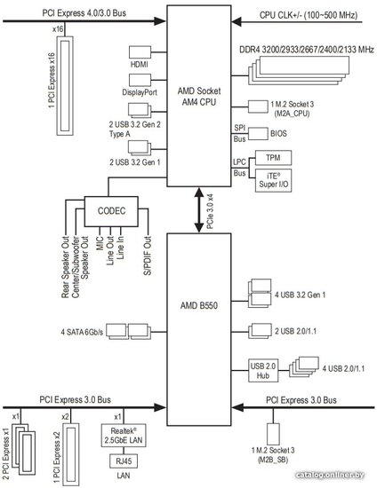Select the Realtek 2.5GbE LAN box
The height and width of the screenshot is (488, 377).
(x=124, y=436)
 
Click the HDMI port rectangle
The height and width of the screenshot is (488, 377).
(x=140, y=52)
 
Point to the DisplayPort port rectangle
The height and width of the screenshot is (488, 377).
(x=140, y=80)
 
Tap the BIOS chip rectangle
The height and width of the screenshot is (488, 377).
(x=258, y=133)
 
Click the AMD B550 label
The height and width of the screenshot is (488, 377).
(x=199, y=305)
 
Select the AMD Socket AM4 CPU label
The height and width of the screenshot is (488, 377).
(x=199, y=97)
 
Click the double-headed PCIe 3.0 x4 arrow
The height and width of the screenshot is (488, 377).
(x=199, y=210)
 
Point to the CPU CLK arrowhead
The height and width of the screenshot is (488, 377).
(x=237, y=22)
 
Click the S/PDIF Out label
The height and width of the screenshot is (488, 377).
(x=148, y=256)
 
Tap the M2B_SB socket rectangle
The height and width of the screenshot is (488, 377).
(x=273, y=434)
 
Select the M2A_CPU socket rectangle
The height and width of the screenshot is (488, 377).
(x=258, y=106)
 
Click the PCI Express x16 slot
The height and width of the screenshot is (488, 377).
(x=65, y=86)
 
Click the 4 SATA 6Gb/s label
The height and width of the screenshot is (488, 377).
(x=82, y=332)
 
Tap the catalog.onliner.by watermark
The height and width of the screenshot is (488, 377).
(x=330, y=475)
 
